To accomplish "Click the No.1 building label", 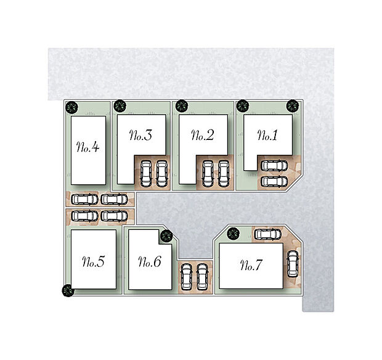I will pos(267,136).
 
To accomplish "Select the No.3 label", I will pos(141,136).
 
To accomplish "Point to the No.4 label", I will pos(88,148).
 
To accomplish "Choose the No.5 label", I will pos(92,262).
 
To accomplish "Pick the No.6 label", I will pos(150,263).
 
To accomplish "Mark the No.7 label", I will pos(251,266).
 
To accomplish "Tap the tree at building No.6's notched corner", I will pos(165,235).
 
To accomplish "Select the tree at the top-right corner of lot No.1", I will pos(292,106).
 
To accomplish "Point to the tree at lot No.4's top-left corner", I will pos(73,107).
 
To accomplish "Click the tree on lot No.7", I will pos(233,234).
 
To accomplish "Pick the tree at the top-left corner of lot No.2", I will pos(182,106).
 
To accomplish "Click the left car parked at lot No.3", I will pos(147,173).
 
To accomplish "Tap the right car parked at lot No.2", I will pos(222,173).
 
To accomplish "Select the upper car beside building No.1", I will pos(274,166).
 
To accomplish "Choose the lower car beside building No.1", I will pos(274,181).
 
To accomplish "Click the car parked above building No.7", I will pos(267,234).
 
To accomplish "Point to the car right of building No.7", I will pos(292,263).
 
